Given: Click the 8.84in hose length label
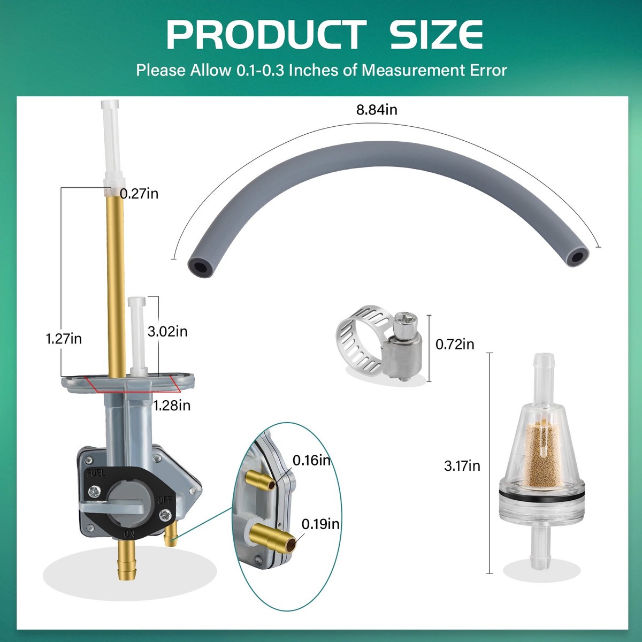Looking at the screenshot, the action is pos(377,110).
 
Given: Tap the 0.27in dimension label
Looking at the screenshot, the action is pos(139,194).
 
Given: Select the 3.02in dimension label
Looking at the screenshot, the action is pos(167,331).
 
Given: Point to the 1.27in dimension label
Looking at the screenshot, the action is pos(64,339).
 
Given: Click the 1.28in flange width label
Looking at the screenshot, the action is pos(172,406).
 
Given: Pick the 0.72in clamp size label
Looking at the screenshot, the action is pos(455,344).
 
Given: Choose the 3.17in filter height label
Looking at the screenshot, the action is pos(462,466).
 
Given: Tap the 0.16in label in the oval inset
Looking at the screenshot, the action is pos(311,461).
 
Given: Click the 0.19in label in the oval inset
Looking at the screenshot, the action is pos(320,524).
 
